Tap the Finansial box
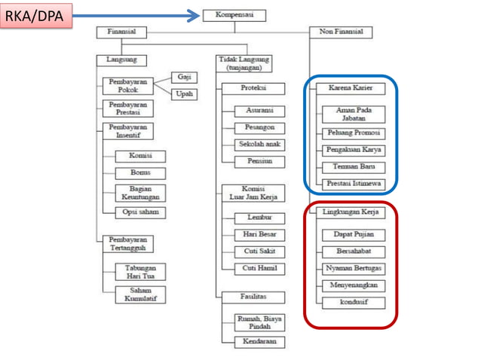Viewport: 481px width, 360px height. [x=121, y=32]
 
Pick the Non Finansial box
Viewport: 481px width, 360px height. [x=342, y=32]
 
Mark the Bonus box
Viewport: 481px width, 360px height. [x=140, y=172]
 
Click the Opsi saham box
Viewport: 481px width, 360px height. [x=140, y=212]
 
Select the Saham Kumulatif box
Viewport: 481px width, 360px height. [x=140, y=294]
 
